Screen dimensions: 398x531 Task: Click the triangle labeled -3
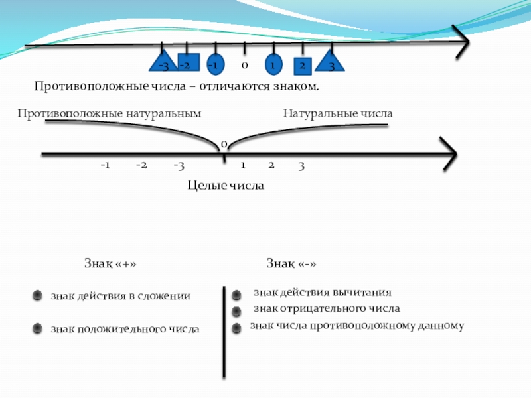162,63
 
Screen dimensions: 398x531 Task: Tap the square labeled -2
186,64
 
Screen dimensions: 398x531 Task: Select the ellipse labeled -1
214,64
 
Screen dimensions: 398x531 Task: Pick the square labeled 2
302,66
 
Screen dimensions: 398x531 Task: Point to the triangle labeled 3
331,63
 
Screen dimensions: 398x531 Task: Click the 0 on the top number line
244,66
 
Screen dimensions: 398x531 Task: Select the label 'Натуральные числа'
338,114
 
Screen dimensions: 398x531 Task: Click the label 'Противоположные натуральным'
109,114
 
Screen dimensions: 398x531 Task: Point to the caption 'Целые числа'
226,186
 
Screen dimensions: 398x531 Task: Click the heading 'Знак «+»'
110,263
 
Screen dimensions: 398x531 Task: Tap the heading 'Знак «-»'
291,263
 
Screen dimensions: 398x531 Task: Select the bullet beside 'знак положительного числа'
38,328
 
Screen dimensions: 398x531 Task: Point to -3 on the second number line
179,165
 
